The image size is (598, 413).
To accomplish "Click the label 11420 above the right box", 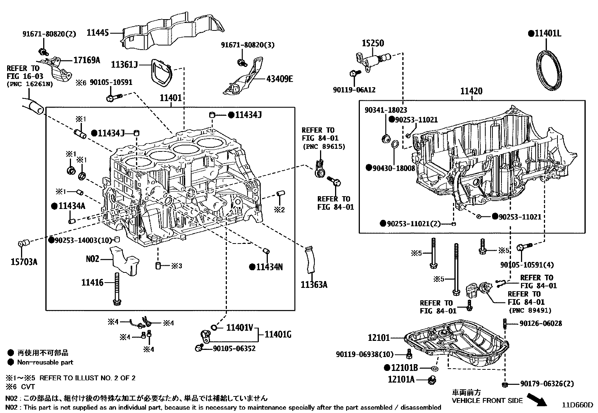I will [471, 91].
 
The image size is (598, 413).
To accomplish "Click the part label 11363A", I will [314, 284].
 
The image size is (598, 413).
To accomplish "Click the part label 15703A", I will [24, 262].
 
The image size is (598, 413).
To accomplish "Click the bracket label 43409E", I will [279, 79].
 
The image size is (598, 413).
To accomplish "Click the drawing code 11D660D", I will [577, 405].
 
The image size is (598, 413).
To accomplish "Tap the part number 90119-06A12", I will [354, 90].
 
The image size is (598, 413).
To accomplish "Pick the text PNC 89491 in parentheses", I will [530, 310].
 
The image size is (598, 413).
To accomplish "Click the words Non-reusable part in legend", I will [45, 362].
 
